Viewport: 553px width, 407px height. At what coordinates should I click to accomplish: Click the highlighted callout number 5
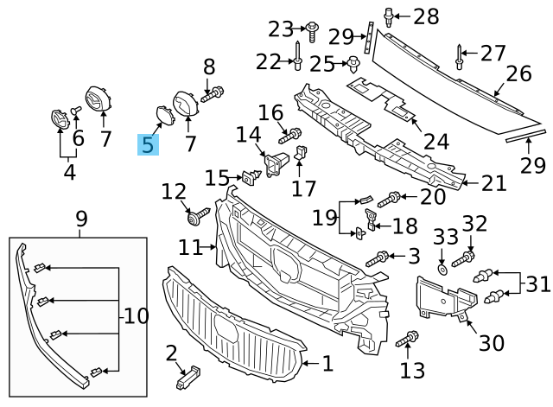149,144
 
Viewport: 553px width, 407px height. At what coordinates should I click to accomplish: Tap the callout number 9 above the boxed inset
82,220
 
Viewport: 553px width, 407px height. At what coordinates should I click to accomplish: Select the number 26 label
518,73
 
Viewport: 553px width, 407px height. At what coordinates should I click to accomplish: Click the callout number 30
491,343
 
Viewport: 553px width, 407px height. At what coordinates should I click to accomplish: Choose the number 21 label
493,182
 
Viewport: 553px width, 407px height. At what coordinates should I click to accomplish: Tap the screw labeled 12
198,213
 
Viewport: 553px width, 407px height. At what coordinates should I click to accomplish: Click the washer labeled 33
442,269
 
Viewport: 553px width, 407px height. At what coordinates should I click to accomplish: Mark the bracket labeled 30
445,298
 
